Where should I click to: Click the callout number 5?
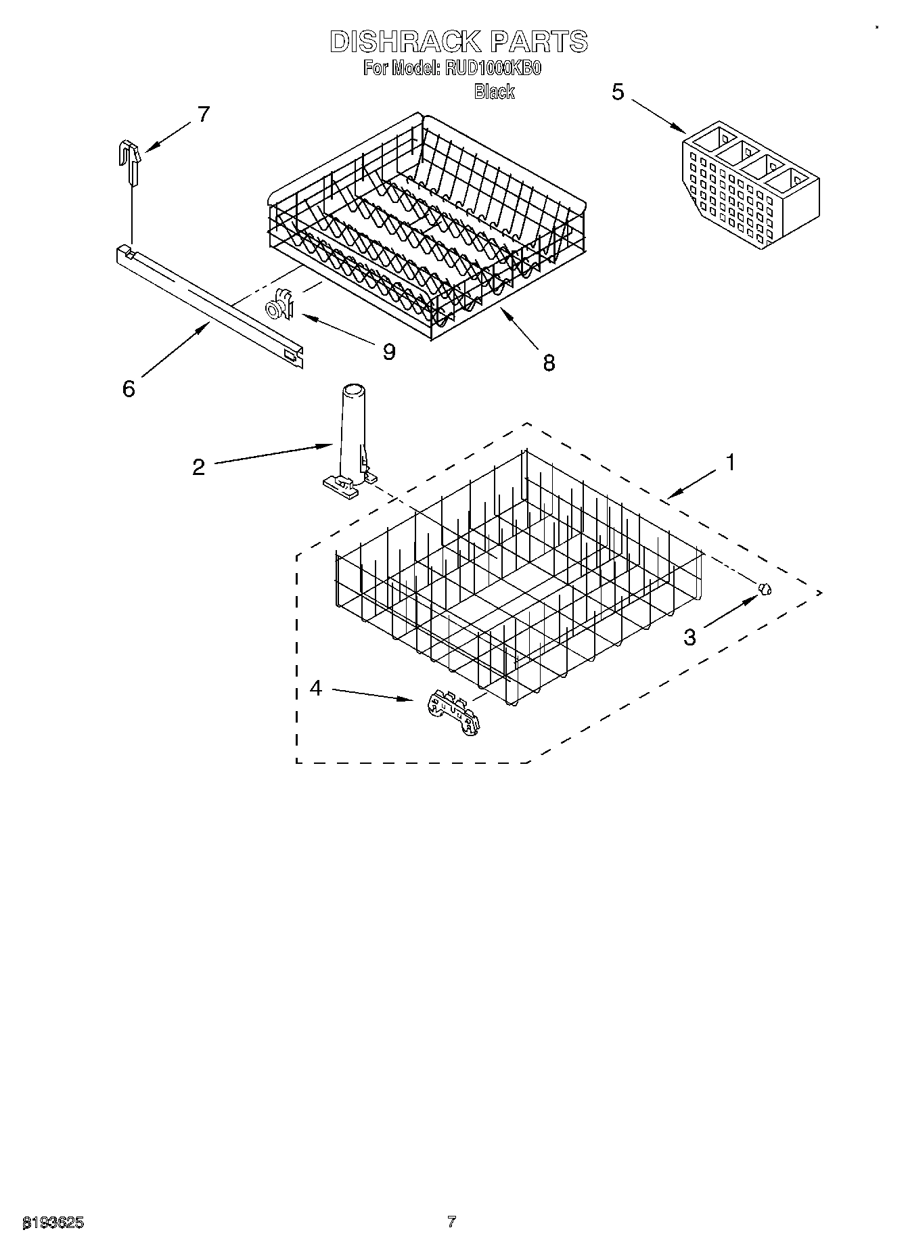click(618, 92)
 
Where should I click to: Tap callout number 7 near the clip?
click(203, 114)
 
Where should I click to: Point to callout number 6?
click(129, 388)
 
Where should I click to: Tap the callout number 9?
click(388, 351)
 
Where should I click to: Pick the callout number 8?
click(548, 363)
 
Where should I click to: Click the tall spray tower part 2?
click(351, 440)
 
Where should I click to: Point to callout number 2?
click(198, 467)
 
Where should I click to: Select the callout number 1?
click(729, 463)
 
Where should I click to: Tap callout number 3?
click(689, 637)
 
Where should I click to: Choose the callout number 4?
click(316, 688)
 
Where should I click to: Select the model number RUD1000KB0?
click(493, 68)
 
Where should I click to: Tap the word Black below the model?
click(494, 91)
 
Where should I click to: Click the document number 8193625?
click(54, 1223)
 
